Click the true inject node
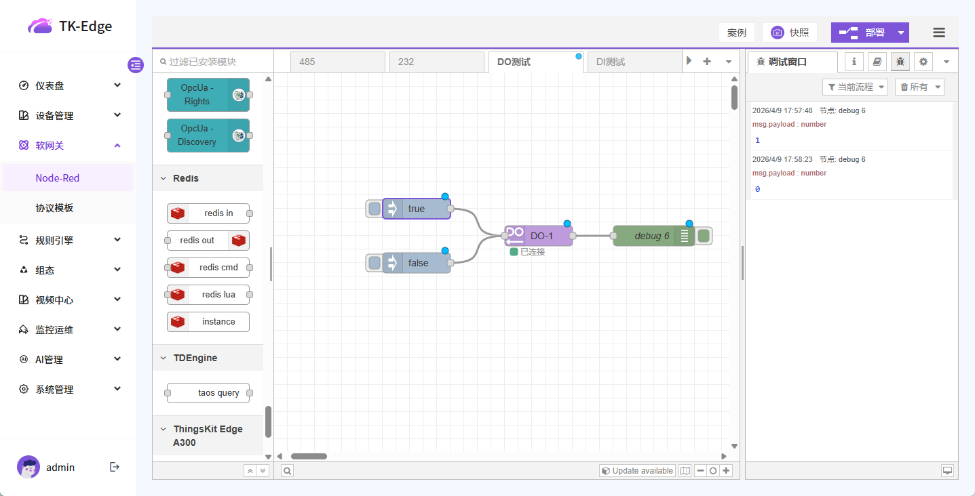pos(417,209)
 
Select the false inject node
pos(418,263)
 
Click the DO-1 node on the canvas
pos(541,236)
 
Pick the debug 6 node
pos(651,236)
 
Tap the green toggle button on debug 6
pos(704,236)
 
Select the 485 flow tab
pos(337,62)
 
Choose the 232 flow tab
pos(436,62)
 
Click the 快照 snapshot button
pos(790,33)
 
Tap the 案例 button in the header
pos(736,33)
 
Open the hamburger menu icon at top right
pos(939,33)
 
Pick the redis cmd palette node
pos(208,268)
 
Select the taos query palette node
pos(208,393)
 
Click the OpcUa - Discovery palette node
pos(208,136)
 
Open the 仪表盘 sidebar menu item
pos(68,86)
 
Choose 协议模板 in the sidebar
pos(54,208)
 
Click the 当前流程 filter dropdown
pos(855,87)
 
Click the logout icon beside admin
pos(115,467)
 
